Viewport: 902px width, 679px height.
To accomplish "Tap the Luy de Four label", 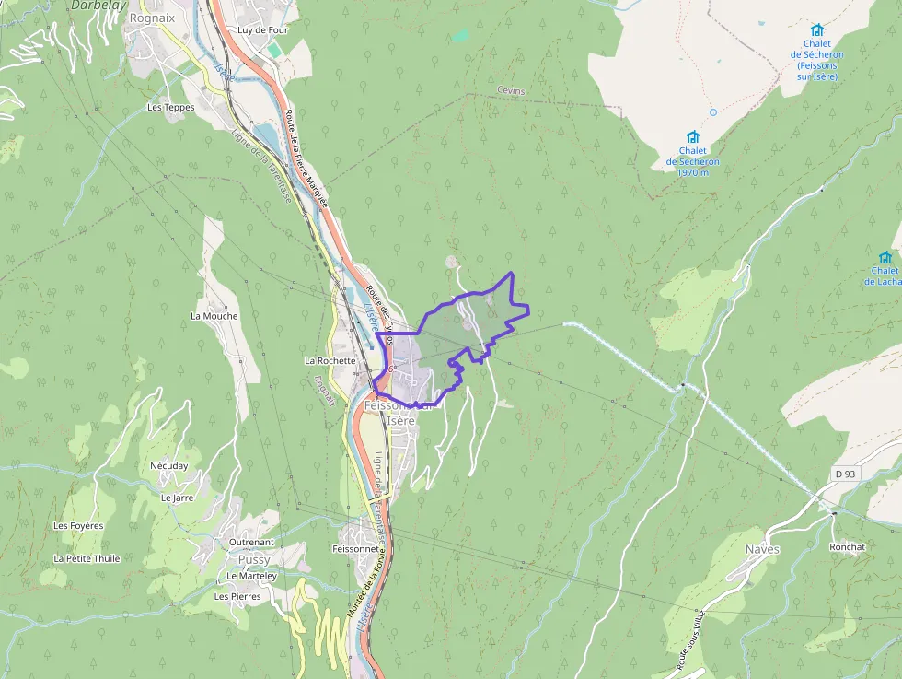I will click(x=263, y=29).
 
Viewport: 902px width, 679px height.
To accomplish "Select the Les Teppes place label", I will click(x=171, y=107).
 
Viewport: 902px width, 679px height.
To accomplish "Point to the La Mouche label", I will click(x=214, y=316).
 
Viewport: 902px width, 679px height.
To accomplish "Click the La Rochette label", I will click(x=330, y=360).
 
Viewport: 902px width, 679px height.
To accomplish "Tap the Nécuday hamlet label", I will click(x=168, y=466).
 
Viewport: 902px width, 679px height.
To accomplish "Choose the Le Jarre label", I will click(x=177, y=498).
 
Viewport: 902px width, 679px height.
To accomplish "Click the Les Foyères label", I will click(x=78, y=526).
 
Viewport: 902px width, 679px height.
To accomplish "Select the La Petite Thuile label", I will click(x=87, y=558).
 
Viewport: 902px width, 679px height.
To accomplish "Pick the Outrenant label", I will click(x=251, y=543).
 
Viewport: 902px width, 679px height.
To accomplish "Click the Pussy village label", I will click(x=254, y=559).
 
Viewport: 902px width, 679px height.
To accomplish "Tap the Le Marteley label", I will click(x=251, y=576).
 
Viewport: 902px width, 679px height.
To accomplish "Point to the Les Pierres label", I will click(x=237, y=596).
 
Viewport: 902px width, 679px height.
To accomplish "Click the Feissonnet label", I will click(x=355, y=548).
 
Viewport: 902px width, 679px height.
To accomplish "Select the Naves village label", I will click(x=762, y=549).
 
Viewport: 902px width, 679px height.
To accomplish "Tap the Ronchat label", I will click(x=847, y=546).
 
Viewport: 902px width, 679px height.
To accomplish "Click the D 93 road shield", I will click(x=846, y=474).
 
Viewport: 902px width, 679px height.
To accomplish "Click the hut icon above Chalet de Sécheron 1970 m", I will click(x=693, y=136).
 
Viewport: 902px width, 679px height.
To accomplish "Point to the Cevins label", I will click(x=510, y=90).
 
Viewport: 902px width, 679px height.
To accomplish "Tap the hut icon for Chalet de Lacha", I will click(x=885, y=257).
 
